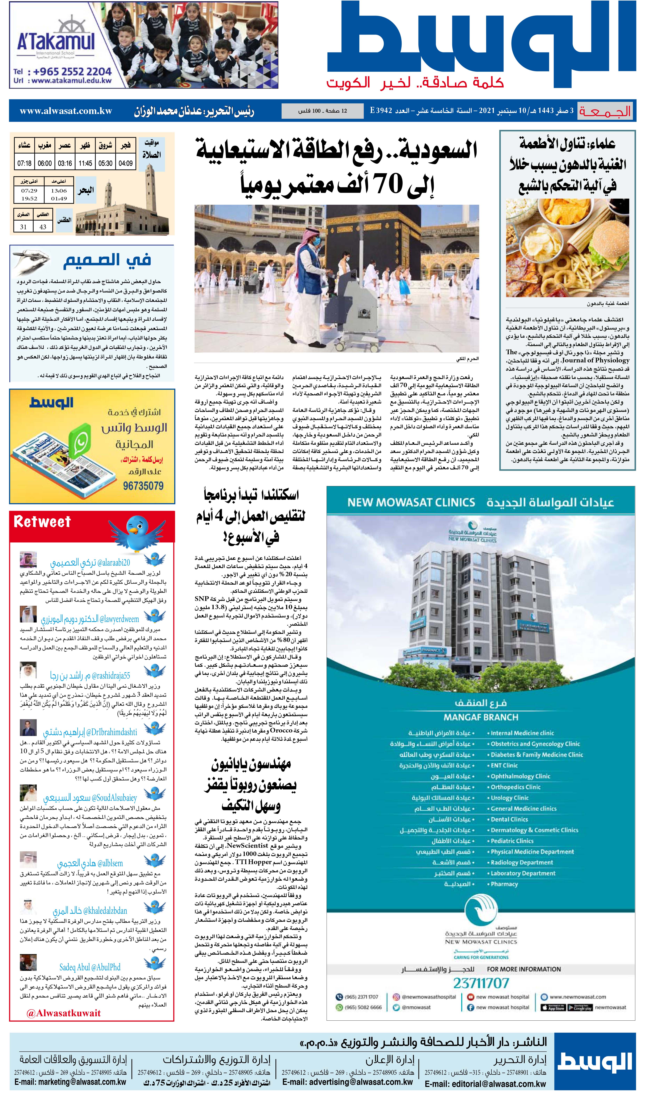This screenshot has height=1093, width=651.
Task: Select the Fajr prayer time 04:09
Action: click(125, 163)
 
